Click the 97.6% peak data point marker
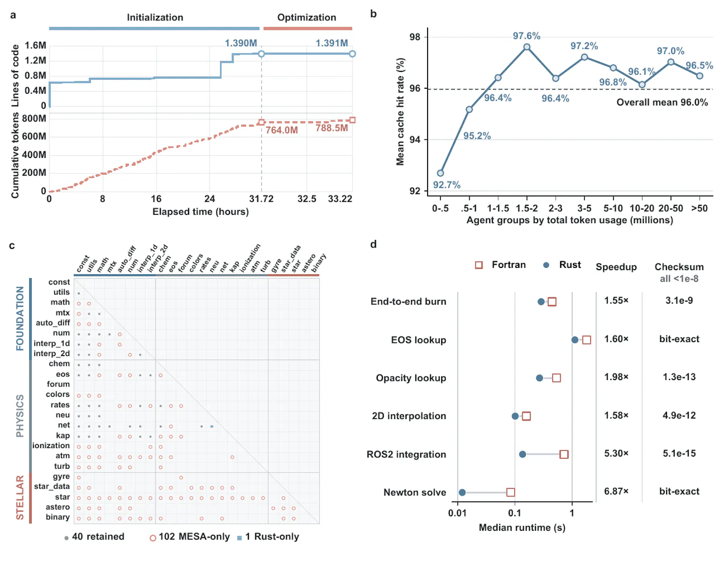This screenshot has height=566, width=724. click(526, 47)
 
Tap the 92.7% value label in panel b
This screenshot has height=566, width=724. click(447, 185)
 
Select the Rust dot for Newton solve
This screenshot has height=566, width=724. click(462, 492)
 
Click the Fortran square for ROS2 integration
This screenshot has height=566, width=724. click(564, 454)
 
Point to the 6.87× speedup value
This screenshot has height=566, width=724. click(616, 491)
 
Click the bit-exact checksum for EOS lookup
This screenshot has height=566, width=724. click(679, 339)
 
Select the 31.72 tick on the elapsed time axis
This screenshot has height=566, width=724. click(261, 199)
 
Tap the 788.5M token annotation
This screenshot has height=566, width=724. click(332, 128)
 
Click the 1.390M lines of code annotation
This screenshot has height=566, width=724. click(241, 43)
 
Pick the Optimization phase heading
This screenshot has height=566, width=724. click(306, 17)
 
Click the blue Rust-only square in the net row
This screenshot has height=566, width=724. click(212, 426)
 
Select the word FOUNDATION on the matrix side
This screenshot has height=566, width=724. click(20, 318)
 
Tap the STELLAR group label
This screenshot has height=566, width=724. click(20, 497)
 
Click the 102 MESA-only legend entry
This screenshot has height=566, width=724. click(190, 537)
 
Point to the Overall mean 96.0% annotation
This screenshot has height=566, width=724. click(662, 102)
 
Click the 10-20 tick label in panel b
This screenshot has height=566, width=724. click(642, 208)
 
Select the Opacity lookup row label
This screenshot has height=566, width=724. click(411, 378)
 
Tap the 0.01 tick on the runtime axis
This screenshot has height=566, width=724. click(457, 513)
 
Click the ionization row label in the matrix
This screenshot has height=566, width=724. click(51, 445)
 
